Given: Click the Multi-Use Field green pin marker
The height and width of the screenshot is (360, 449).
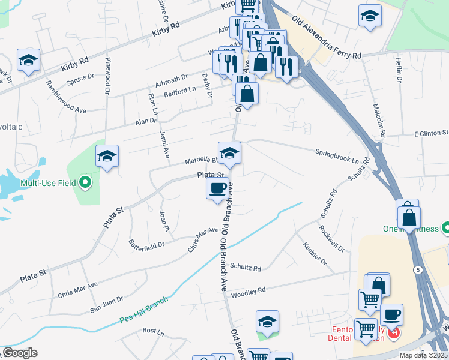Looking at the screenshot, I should [x=85, y=181].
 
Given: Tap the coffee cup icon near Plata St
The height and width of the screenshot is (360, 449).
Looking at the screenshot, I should [x=217, y=188].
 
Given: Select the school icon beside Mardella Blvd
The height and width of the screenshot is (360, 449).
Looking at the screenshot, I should [x=229, y=154].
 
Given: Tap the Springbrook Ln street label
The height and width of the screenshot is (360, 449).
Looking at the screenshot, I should [x=336, y=157].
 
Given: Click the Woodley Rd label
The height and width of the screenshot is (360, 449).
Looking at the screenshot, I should [x=248, y=292].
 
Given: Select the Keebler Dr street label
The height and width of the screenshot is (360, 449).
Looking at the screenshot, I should [x=315, y=253].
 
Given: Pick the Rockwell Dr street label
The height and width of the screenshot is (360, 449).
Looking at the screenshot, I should [x=331, y=238].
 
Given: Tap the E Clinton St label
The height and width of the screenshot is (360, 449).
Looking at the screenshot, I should [x=429, y=133].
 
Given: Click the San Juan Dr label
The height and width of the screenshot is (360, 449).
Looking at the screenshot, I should [x=106, y=304].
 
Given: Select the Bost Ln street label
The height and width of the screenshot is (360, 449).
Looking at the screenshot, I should [x=154, y=331].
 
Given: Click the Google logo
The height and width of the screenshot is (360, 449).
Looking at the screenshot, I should [x=20, y=353].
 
